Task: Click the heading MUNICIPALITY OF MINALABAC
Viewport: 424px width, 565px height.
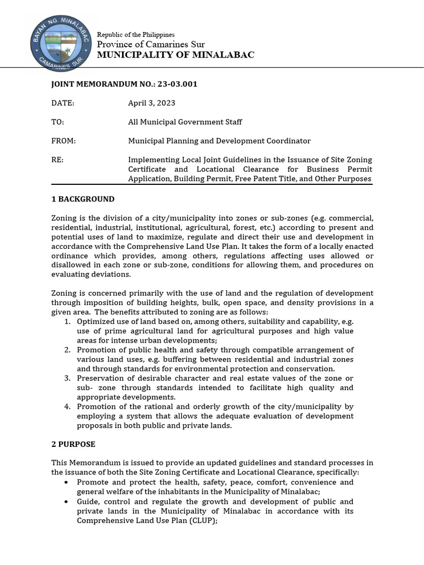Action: (176, 55)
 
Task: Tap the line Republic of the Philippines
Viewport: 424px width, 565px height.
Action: (136, 34)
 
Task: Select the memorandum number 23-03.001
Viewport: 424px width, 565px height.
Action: (178, 84)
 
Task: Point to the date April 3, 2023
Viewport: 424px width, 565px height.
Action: (152, 103)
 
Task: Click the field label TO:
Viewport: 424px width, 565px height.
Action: (57, 122)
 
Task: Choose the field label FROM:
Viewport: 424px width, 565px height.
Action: (63, 141)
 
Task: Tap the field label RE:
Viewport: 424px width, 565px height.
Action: (57, 159)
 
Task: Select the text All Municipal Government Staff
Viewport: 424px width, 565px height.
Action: (185, 122)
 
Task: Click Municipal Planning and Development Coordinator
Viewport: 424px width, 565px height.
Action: (219, 141)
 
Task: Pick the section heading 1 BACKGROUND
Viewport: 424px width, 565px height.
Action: (83, 199)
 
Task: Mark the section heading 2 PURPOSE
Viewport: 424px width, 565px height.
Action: (73, 444)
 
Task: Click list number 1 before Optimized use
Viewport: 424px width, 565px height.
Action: (67, 321)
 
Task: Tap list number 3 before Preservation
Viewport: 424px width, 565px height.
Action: (67, 378)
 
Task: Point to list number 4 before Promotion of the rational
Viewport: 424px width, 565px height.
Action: (67, 407)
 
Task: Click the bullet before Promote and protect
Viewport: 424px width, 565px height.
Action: (67, 482)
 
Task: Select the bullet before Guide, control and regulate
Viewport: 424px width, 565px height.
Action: (67, 502)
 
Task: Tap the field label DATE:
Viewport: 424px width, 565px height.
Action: (62, 103)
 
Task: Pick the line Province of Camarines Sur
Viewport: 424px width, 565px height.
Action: (151, 44)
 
